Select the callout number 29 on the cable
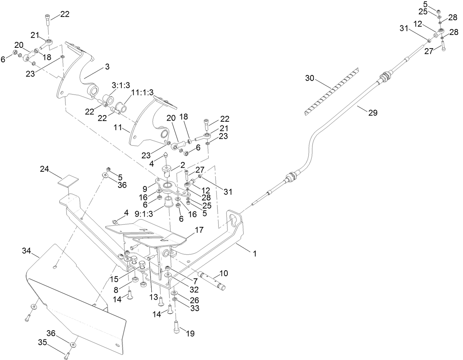coord(372,113)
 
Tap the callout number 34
coord(26,251)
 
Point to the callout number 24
coord(45,169)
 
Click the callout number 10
coord(224,273)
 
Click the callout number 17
coord(199,231)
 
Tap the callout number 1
coord(254,253)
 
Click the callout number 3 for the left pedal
coord(107,67)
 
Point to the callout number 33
coord(194,308)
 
